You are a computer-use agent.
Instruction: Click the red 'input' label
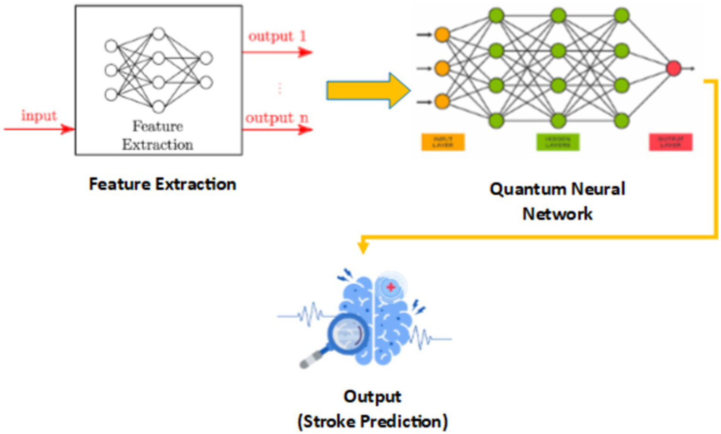coord(39,116)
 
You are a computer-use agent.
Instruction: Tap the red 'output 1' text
coord(277,36)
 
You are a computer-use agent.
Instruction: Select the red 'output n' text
coord(277,118)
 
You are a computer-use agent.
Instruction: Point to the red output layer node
coord(673,69)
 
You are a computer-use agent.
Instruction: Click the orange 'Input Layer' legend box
coord(442,142)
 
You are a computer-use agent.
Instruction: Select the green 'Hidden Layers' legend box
coord(558,142)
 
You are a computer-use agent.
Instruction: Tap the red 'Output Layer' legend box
coord(670,142)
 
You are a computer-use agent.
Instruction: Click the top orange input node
coord(442,35)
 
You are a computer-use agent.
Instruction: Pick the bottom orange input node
coord(442,102)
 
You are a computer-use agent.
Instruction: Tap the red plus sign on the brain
coord(391,287)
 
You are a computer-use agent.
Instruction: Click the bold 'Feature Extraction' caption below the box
coord(163,184)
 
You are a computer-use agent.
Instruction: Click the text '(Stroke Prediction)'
coord(372,421)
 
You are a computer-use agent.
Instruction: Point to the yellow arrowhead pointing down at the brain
coord(363,247)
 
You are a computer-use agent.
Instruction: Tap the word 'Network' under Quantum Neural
coord(558,214)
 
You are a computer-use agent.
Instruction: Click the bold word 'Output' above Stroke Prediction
coord(372,396)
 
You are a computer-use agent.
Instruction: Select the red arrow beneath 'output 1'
coord(277,52)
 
